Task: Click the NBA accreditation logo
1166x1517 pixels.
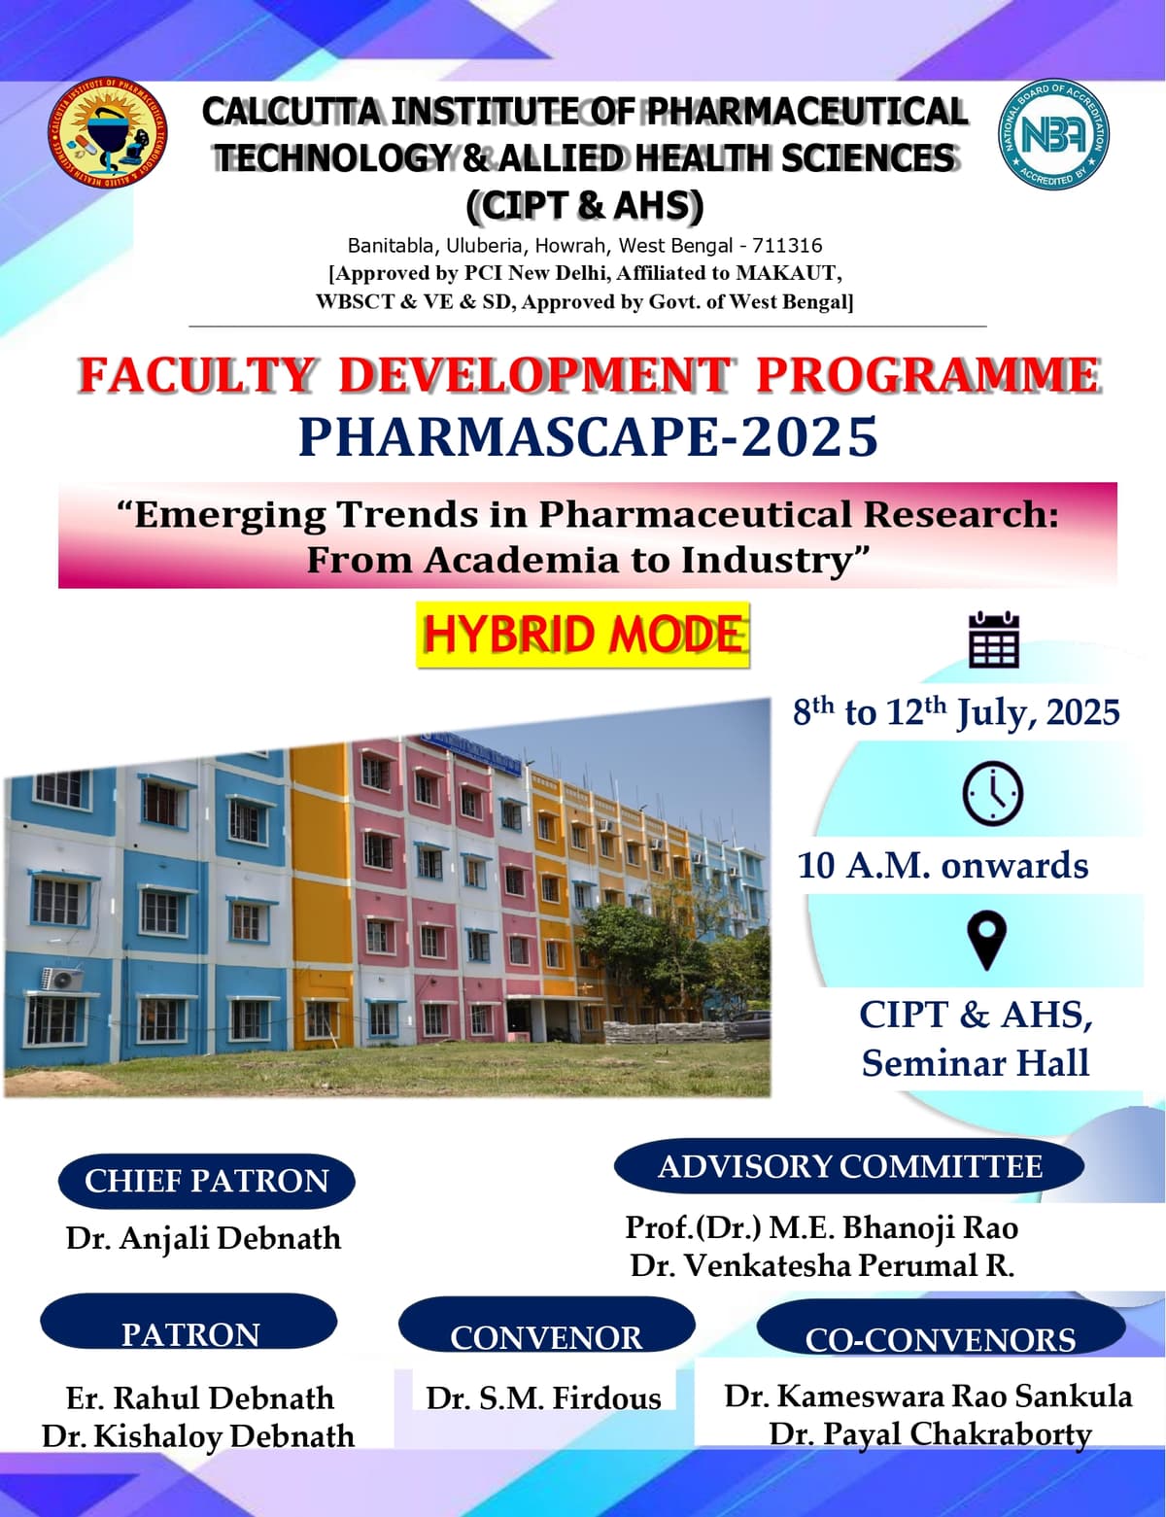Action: pyautogui.click(x=1053, y=134)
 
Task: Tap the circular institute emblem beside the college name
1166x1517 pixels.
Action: pyautogui.click(x=107, y=134)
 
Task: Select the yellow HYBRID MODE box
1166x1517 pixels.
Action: pyautogui.click(x=583, y=635)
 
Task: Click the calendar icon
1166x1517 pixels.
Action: pyautogui.click(x=993, y=639)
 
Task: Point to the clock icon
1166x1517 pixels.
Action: pyautogui.click(x=992, y=794)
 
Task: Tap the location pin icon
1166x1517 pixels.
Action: pyautogui.click(x=986, y=940)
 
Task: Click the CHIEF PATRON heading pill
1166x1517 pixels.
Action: pyautogui.click(x=207, y=1181)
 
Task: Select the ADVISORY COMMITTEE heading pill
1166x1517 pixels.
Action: pyautogui.click(x=849, y=1166)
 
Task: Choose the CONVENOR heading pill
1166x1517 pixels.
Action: pyautogui.click(x=546, y=1335)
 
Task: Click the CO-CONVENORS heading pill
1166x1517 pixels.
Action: pyautogui.click(x=940, y=1337)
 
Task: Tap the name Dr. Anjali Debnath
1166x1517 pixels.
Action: pyautogui.click(x=203, y=1238)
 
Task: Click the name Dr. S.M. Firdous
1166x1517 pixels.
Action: pyautogui.click(x=543, y=1397)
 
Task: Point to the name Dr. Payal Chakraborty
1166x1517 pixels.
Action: pyautogui.click(x=930, y=1433)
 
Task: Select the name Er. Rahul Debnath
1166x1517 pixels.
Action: pyautogui.click(x=199, y=1397)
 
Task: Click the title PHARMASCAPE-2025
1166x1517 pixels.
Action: pyautogui.click(x=588, y=436)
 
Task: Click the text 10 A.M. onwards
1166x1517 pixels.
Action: pyautogui.click(x=943, y=865)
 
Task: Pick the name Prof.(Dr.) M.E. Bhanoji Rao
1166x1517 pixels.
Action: pyautogui.click(x=821, y=1227)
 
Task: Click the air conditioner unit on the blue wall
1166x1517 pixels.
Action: pyautogui.click(x=62, y=979)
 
